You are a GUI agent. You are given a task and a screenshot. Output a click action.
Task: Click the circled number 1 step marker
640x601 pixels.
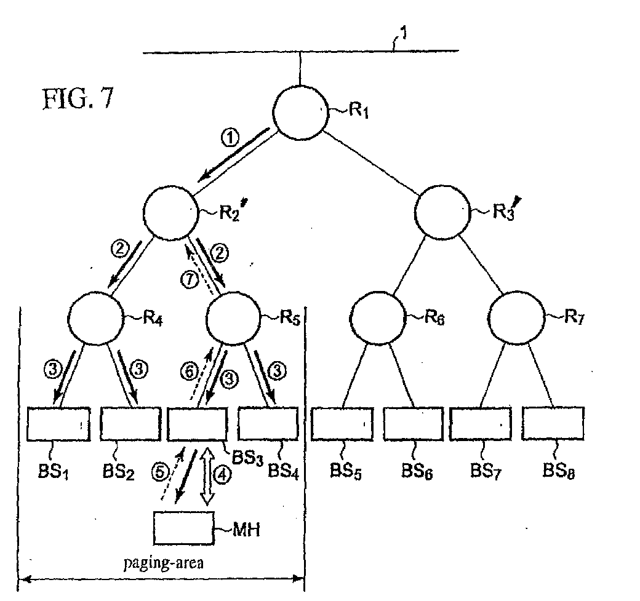(230, 138)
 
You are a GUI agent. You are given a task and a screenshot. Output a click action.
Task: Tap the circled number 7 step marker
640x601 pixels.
(190, 280)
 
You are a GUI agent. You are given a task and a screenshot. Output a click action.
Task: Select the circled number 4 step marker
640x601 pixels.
(222, 475)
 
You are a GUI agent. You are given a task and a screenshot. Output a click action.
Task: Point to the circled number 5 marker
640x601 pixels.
(160, 472)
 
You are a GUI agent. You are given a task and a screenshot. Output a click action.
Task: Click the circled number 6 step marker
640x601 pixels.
(190, 372)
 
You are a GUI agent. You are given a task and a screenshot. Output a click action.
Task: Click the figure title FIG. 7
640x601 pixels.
(78, 99)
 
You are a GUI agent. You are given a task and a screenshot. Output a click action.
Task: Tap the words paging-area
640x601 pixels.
(163, 563)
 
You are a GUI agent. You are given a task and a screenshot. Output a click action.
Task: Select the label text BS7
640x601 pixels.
(486, 471)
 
